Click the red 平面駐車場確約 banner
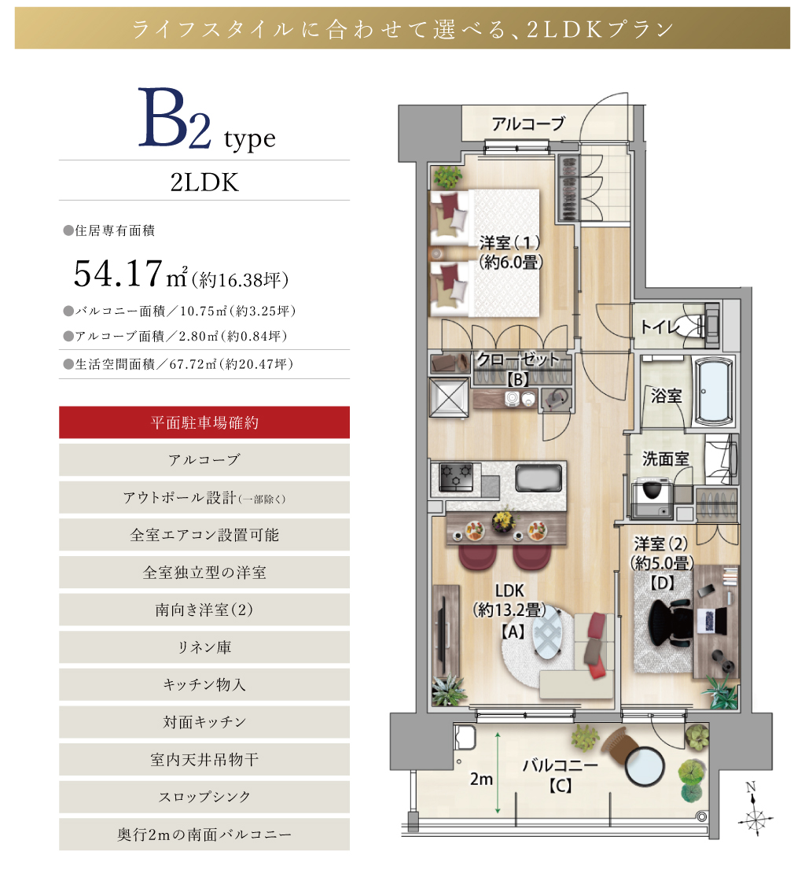[x=204, y=422]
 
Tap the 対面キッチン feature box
[x=204, y=722]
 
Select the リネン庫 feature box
[x=204, y=647]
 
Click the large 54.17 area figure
[x=118, y=274]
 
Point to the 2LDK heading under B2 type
[x=204, y=182]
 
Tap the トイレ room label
[x=660, y=326]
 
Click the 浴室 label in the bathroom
[x=666, y=396]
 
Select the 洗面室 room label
[x=665, y=459]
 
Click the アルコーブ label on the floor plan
[x=528, y=123]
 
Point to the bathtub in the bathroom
[x=713, y=392]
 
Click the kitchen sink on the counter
[x=538, y=477]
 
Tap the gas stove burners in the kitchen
[x=456, y=477]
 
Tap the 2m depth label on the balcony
[x=481, y=779]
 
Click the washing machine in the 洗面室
[x=652, y=497]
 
